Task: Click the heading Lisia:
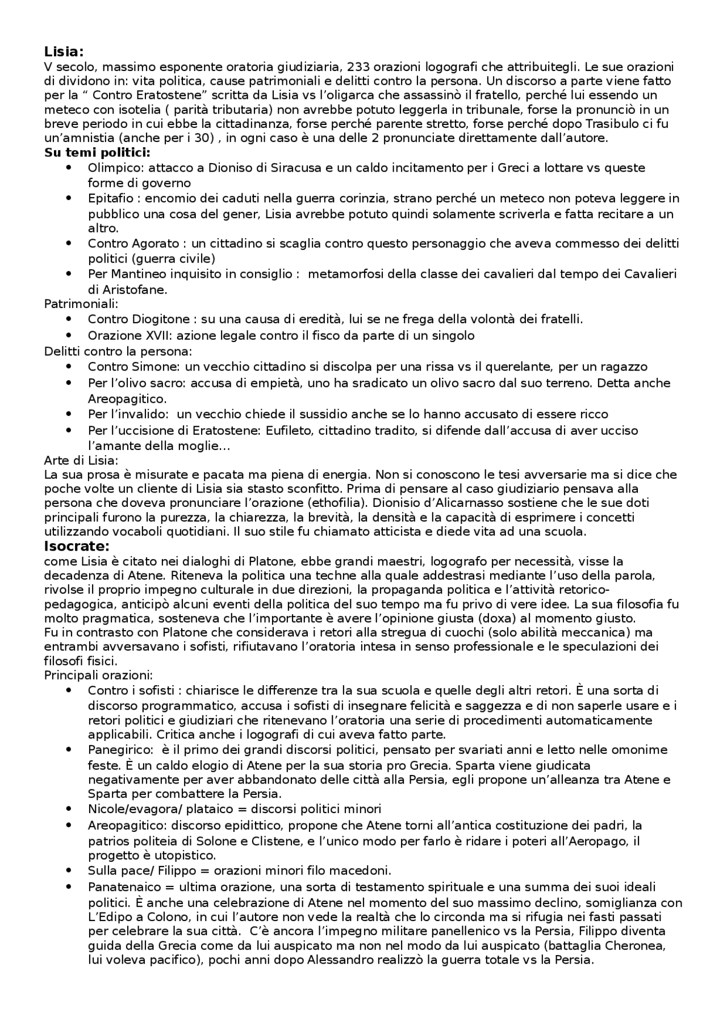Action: (64, 52)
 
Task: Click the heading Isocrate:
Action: (76, 547)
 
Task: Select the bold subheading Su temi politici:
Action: (97, 152)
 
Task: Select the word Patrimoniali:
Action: (81, 304)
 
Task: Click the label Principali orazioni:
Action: (98, 676)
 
